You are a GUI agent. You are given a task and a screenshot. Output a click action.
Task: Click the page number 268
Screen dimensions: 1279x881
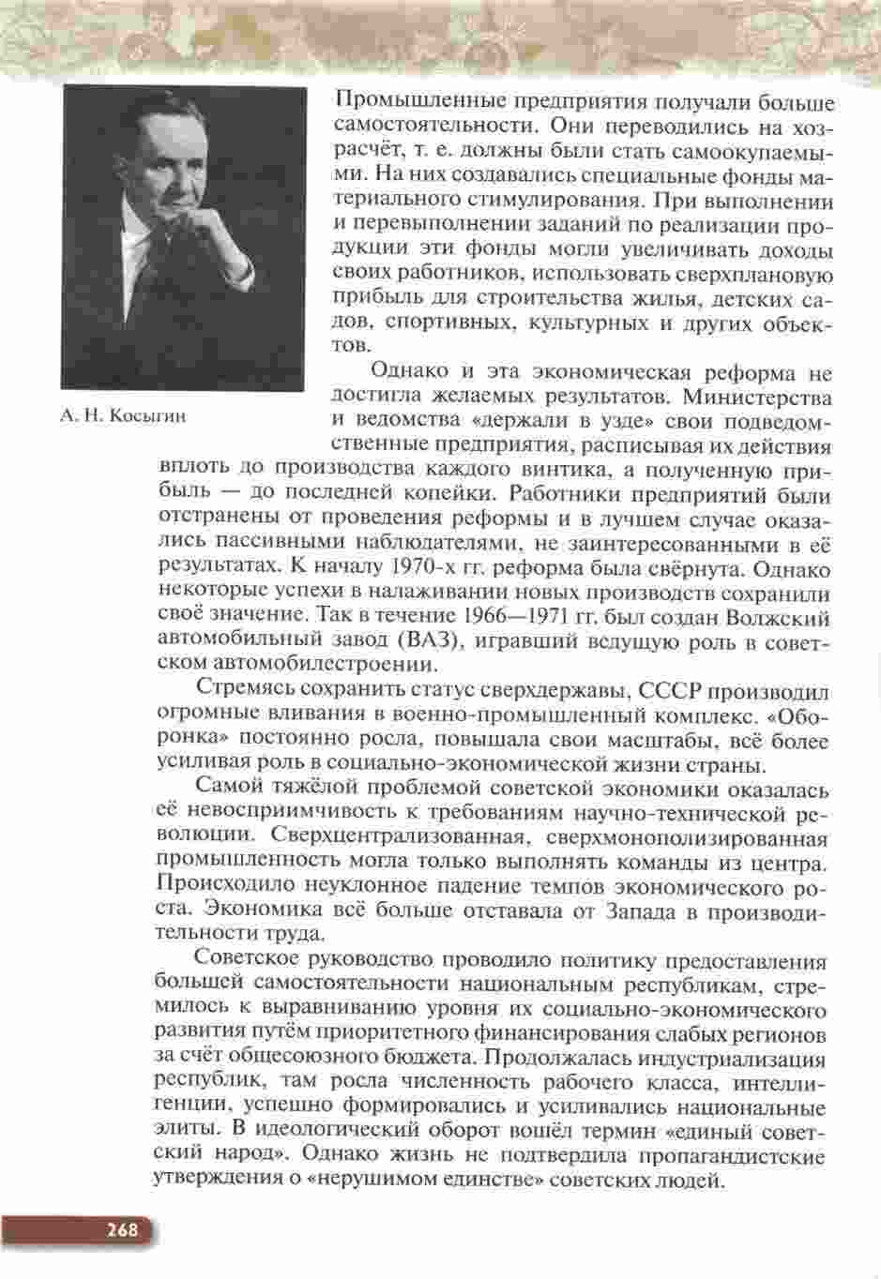coord(122,1229)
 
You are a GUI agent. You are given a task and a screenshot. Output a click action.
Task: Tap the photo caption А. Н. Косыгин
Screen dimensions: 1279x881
coord(122,416)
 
